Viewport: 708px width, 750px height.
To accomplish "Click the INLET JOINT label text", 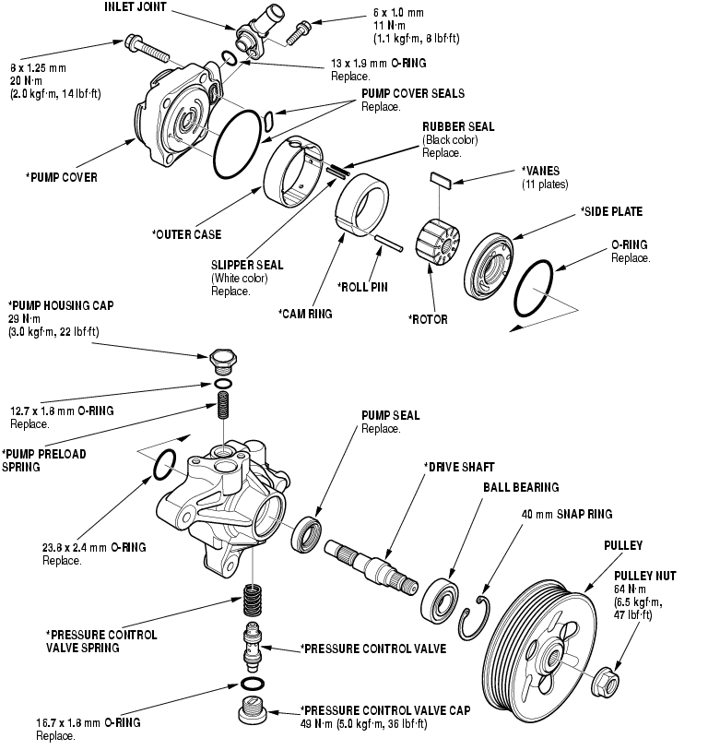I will pos(138,8).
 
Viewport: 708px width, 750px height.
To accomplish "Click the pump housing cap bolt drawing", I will pos(223,359).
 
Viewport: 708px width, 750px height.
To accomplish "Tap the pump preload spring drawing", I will pos(222,404).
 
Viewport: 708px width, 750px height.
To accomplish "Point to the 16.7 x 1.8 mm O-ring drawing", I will pos(250,684).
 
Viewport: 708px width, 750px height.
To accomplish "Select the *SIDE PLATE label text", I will pos(610,211).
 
